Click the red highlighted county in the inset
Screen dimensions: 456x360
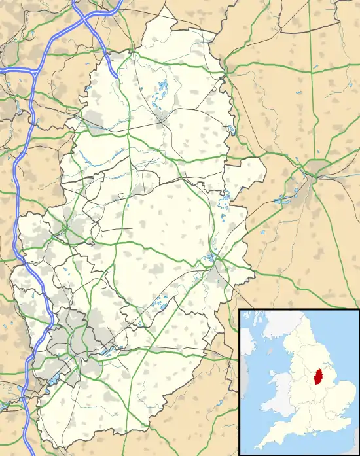[319, 378]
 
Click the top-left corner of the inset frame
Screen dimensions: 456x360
[240, 309]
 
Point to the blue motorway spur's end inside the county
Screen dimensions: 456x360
[117, 77]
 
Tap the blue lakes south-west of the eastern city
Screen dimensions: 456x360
[286, 198]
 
